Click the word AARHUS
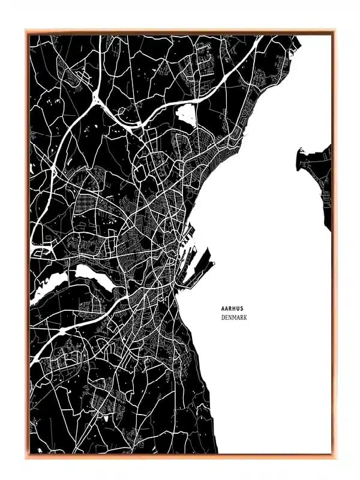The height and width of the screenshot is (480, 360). [232, 308]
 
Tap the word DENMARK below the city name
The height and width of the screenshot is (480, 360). [234, 317]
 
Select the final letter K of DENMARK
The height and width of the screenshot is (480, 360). [245, 317]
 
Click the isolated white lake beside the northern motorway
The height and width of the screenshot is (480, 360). [187, 113]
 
